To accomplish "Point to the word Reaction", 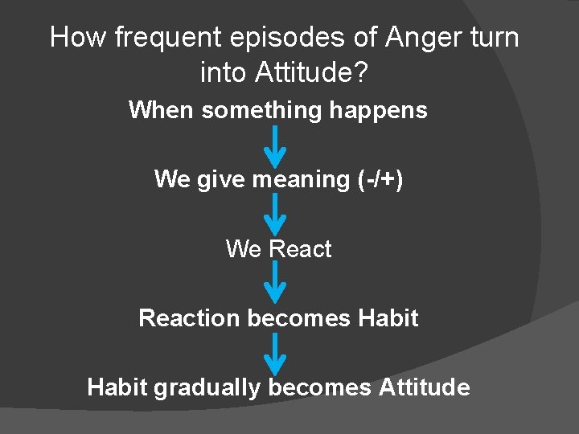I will (x=189, y=318).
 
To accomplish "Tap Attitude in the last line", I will (x=424, y=387).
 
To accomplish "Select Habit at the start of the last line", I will (x=117, y=387).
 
